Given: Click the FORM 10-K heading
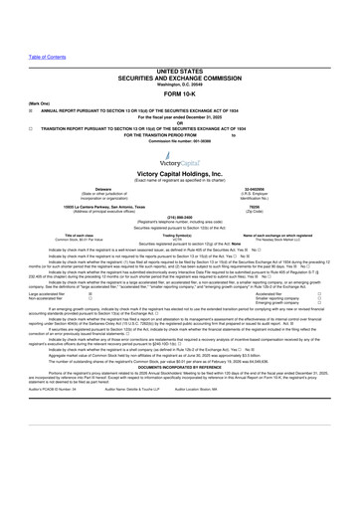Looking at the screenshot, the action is pos(179,67).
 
